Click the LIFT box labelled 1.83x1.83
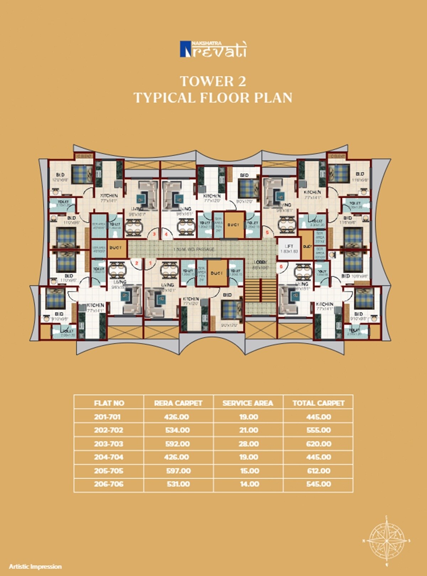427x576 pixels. coord(289,249)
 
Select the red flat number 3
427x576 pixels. coord(154,234)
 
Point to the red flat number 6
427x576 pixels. coord(281,266)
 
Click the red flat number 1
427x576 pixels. coord(151,263)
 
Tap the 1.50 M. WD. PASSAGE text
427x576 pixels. coord(194,249)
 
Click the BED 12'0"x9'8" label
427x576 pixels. coord(60,177)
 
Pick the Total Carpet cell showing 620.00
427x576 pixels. coord(318,444)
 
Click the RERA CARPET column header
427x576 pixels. coord(178,403)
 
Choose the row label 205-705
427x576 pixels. coord(109,471)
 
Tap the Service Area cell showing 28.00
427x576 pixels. coord(248,444)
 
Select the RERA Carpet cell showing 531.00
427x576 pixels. coord(178,484)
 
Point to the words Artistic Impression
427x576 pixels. coord(35,566)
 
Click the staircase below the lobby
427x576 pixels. coord(260,290)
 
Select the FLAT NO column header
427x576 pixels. coord(109,403)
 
